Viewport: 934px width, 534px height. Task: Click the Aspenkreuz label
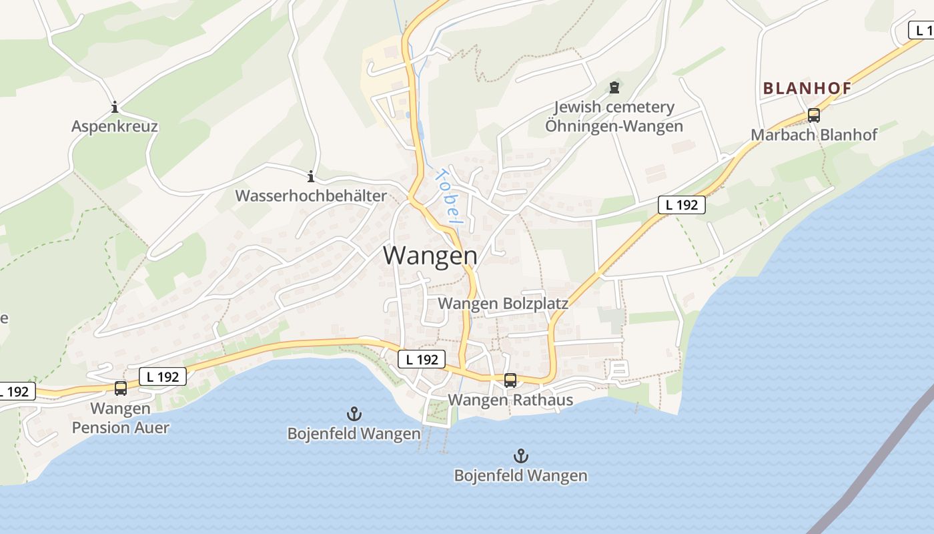(115, 126)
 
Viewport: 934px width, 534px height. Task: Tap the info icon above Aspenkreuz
(115, 107)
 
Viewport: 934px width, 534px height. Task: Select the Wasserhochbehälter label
(311, 196)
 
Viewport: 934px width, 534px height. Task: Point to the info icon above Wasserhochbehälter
(311, 177)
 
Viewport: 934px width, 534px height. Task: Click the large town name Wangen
(430, 256)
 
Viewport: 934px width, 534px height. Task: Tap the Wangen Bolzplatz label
(503, 304)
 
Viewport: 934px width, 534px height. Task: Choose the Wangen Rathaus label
(510, 400)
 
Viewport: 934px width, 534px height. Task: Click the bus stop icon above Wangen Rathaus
(510, 380)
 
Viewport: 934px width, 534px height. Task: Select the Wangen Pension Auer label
(121, 418)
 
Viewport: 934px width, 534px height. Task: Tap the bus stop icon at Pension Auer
(121, 388)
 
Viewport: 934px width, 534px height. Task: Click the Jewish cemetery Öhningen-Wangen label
(614, 116)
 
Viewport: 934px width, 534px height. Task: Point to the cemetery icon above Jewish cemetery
(614, 87)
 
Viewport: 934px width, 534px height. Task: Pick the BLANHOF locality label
(807, 88)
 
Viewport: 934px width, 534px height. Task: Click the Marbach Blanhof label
(814, 134)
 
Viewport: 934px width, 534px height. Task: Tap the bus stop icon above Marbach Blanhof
(814, 115)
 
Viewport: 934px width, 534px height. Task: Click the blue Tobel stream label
(449, 196)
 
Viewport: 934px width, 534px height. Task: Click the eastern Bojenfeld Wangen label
(520, 475)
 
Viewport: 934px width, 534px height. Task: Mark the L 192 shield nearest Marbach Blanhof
(682, 205)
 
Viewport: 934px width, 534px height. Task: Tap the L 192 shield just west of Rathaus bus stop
(422, 359)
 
